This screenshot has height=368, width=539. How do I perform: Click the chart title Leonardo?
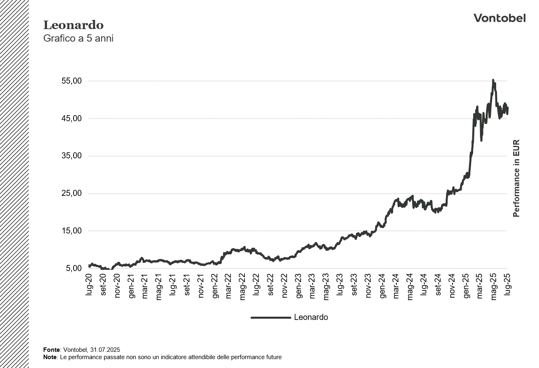(73, 25)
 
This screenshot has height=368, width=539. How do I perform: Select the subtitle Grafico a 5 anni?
(78, 39)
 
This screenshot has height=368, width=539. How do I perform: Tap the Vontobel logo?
(499, 18)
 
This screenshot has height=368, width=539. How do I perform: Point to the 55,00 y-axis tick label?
(72, 81)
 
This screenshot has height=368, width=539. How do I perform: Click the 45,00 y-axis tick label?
(72, 119)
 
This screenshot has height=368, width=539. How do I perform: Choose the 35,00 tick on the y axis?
(72, 156)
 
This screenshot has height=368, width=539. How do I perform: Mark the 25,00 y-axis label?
(72, 193)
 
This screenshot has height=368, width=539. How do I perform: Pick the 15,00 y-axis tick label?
(72, 231)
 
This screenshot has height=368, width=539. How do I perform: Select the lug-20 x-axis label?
(89, 285)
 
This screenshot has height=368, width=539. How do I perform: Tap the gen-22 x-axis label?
(215, 286)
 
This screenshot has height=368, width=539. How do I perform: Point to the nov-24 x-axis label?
(452, 286)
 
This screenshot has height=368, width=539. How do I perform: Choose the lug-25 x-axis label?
(507, 285)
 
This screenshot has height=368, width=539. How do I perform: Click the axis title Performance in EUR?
(516, 178)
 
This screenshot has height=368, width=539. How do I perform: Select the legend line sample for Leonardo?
(270, 318)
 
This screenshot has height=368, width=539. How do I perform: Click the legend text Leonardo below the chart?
(311, 318)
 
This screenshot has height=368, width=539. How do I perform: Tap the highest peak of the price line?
(493, 80)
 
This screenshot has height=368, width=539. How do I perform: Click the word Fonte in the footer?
(51, 350)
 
